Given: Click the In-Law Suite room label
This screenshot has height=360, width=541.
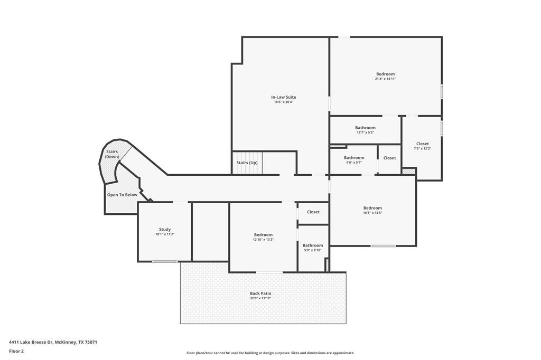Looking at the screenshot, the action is tap(283, 97).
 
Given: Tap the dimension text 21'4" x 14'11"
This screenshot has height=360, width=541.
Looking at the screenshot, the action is tap(385, 79).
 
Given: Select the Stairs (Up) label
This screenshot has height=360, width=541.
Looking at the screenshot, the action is tap(247, 163).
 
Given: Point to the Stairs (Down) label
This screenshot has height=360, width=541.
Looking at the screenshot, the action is tap(112, 154).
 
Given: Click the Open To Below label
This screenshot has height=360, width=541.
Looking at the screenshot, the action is tap(122, 195).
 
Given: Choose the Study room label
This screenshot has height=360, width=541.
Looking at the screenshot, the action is tap(165, 229).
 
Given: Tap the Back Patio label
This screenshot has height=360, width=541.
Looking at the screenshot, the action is tap(260, 293).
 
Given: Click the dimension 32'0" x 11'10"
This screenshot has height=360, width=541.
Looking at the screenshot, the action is tap(260, 298).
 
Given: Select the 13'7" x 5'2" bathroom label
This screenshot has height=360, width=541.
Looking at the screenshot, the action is tap(366, 128).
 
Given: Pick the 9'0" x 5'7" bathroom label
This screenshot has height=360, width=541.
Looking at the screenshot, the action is tap(354, 158).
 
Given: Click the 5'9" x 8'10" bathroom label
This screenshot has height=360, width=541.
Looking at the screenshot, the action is tap(313, 245).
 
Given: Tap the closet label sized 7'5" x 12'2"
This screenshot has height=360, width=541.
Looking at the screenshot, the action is tap(423, 144).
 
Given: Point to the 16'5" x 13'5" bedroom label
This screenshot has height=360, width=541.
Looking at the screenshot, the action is tap(372, 208).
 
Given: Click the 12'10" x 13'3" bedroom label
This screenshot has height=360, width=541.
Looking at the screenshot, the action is tap(263, 235).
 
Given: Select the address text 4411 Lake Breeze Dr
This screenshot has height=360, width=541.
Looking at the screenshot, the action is tap(31, 343).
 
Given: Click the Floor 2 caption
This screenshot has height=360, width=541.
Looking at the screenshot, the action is tap(16, 352).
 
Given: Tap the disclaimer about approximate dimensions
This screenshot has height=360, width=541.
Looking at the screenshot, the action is tap(270, 353).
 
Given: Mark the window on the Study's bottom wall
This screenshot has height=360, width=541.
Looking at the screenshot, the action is tap(165, 261).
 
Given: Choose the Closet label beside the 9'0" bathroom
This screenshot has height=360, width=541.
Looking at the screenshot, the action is tap(389, 158).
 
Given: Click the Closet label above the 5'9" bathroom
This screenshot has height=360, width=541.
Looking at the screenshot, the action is tap(313, 212).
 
